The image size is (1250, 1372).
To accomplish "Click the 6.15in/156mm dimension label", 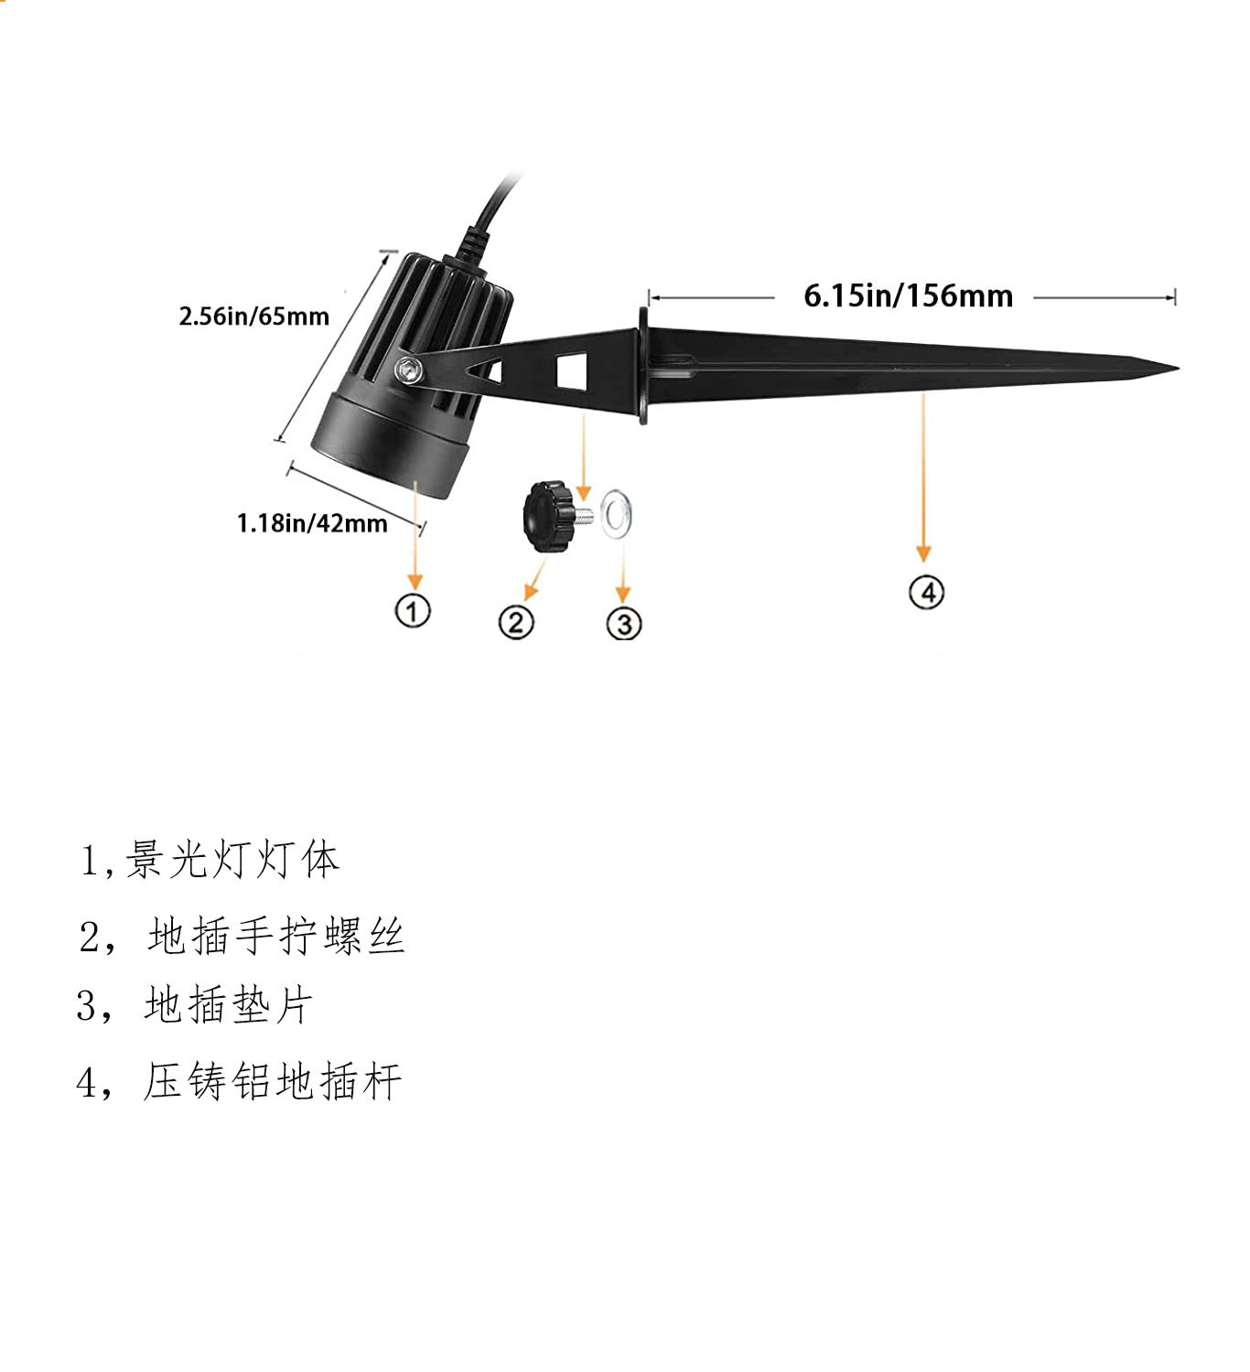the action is tap(908, 295).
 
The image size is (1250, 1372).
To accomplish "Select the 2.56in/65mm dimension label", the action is tap(253, 316).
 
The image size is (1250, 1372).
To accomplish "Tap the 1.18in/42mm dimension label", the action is tap(312, 523).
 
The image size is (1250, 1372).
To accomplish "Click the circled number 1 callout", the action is tap(413, 610).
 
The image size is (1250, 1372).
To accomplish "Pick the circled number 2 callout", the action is tap(516, 622).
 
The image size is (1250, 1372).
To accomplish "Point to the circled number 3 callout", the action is tap(624, 624).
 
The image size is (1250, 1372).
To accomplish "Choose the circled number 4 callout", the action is tap(926, 592).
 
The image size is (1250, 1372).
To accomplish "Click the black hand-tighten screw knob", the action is tap(547, 516).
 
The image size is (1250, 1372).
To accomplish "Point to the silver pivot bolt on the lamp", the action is tap(408, 370).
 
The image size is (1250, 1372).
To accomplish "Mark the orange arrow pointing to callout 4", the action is tap(923, 476).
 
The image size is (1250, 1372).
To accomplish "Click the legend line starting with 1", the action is tap(210, 860).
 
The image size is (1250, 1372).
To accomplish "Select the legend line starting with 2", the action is tap(242, 936).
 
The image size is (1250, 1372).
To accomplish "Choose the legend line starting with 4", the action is tap(240, 1081).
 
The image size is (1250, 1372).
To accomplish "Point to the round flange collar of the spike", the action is tap(645, 366).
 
